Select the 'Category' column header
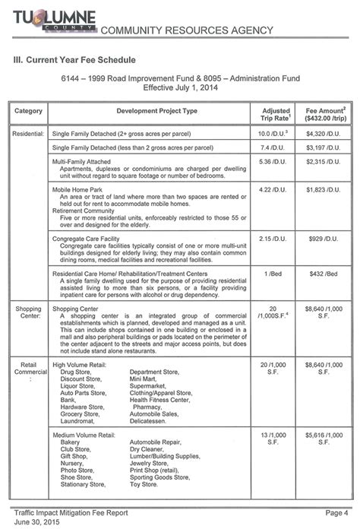[27, 112]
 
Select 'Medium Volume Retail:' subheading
[84, 435]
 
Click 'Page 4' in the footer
[335, 513]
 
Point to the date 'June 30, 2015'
[38, 523]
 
